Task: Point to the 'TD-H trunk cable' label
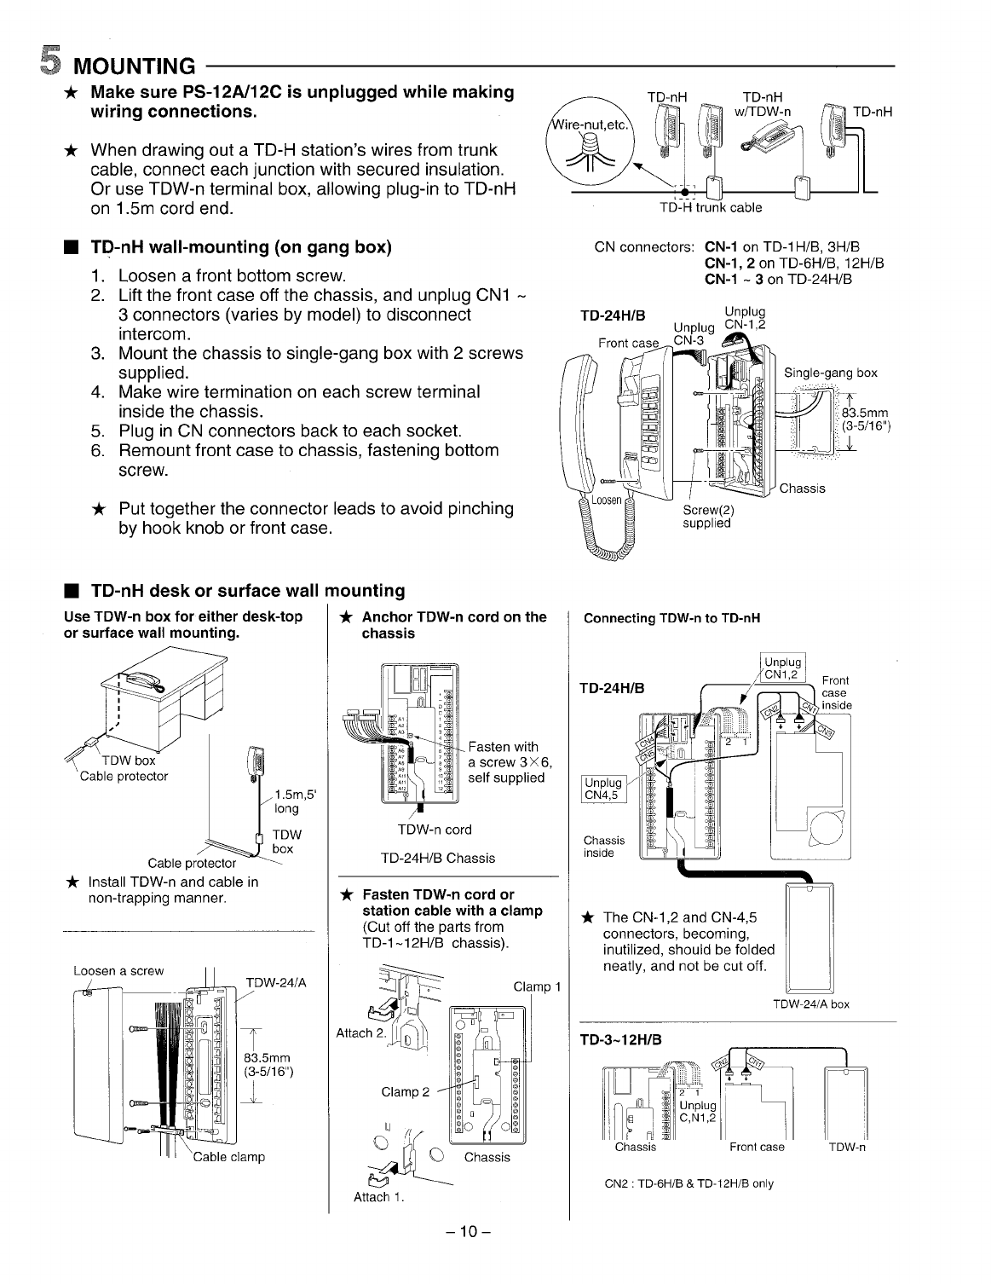pyautogui.click(x=711, y=207)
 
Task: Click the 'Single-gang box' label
pyautogui.click(x=830, y=373)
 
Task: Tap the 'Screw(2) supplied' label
pyautogui.click(x=708, y=517)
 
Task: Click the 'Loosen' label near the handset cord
pyautogui.click(x=608, y=500)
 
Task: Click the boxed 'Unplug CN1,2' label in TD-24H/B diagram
pyautogui.click(x=783, y=669)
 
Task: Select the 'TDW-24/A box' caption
pyautogui.click(x=810, y=1003)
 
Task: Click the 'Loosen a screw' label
pyautogui.click(x=118, y=970)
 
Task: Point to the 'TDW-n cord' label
pyautogui.click(x=435, y=830)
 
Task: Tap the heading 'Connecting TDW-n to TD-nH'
pyautogui.click(x=671, y=618)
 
